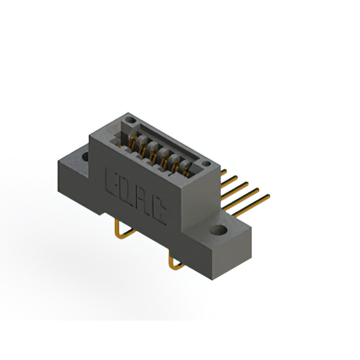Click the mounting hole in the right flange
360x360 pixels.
point(218,230)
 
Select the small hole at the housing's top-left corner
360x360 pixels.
point(130,120)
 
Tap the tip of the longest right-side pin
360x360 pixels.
point(269,196)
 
